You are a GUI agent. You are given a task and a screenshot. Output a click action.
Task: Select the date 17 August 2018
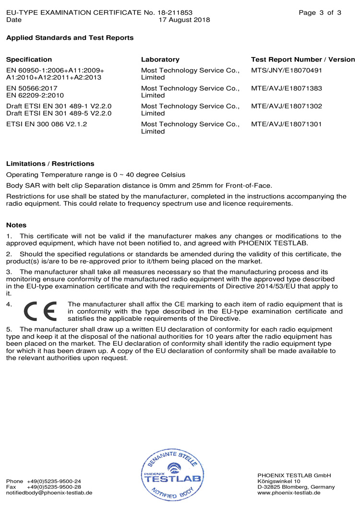point(184,20)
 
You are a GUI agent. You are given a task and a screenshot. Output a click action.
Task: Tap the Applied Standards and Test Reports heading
point(70,37)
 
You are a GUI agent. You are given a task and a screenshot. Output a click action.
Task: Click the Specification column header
point(29,59)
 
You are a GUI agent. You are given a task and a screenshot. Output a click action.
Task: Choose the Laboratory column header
point(160,59)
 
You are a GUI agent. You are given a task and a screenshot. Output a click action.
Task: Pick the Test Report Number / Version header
point(303,59)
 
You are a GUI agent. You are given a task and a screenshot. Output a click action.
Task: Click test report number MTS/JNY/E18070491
point(286,71)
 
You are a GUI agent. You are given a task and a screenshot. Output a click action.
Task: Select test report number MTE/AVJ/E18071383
point(286,88)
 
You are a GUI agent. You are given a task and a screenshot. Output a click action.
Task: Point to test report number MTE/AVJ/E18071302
point(286,106)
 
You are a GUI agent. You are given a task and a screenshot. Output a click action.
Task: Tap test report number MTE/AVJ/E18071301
point(286,124)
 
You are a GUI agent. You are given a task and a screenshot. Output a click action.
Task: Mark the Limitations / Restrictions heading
point(50,164)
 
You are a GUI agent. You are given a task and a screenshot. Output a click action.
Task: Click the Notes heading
point(16,225)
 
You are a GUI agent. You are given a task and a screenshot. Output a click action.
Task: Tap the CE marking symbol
point(40,312)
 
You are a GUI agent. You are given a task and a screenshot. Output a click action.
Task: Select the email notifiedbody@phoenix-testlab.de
point(49,493)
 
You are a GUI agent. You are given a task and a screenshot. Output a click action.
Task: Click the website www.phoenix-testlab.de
point(289,493)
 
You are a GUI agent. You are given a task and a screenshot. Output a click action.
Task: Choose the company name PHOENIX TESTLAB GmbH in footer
point(294,475)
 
